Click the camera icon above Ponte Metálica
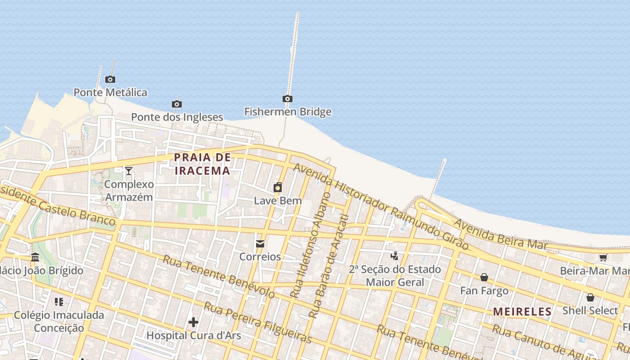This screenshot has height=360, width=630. (x=110, y=80)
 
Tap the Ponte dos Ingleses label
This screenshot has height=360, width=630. (x=177, y=117)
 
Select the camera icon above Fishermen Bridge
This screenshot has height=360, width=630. (x=288, y=99)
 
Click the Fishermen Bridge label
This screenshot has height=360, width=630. (x=288, y=112)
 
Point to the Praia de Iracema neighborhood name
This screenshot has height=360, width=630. (x=202, y=164)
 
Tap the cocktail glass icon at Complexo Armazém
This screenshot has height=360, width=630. (x=129, y=171)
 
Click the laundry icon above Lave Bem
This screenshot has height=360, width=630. (x=278, y=187)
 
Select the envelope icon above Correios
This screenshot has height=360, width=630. (x=260, y=244)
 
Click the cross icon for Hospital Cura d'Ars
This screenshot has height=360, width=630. (x=193, y=322)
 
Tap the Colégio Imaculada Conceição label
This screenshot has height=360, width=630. (x=59, y=321)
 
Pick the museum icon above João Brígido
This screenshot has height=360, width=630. (x=35, y=257)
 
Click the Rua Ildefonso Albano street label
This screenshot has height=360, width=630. (x=311, y=245)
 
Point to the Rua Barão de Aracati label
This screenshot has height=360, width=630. (x=329, y=266)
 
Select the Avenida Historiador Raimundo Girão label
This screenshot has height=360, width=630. (x=380, y=206)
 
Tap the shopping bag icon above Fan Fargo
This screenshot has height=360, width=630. (x=484, y=277)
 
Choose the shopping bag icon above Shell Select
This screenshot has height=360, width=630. (x=590, y=297)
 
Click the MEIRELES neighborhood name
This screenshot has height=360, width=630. (x=522, y=311)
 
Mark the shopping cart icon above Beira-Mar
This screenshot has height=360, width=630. (x=603, y=257)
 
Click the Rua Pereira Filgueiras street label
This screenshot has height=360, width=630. (x=258, y=322)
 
